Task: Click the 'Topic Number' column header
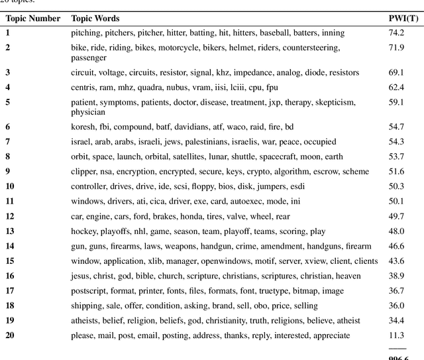click(x=33, y=19)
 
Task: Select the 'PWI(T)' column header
click(x=401, y=19)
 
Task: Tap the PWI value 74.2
click(x=396, y=32)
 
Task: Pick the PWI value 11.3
click(x=396, y=335)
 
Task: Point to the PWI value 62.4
click(x=396, y=87)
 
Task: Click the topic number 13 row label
click(x=10, y=231)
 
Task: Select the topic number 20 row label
click(x=10, y=335)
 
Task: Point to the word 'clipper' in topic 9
click(x=83, y=172)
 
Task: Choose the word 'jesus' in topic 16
click(x=81, y=276)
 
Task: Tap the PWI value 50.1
click(x=396, y=202)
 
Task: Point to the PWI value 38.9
click(x=396, y=276)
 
